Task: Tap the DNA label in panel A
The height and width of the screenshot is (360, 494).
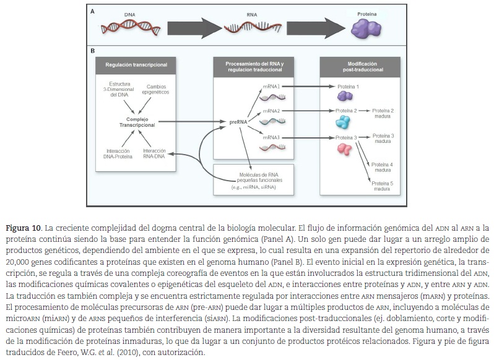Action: click(130, 13)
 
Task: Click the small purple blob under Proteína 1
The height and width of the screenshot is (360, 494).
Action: click(345, 96)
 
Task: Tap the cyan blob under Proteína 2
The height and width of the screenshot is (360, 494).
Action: click(342, 122)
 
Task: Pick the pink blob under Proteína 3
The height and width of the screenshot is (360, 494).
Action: click(344, 149)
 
